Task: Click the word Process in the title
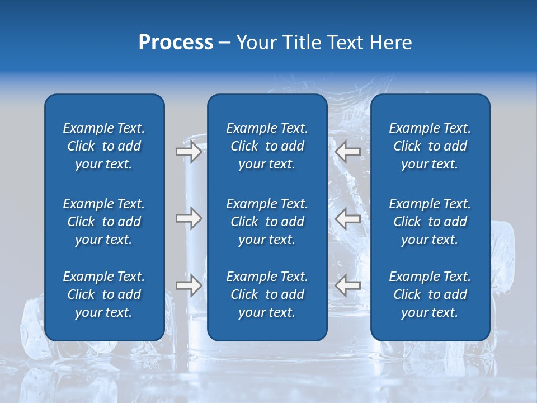point(176,43)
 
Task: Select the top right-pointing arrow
point(189,151)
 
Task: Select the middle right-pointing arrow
point(189,218)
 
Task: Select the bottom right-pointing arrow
point(189,285)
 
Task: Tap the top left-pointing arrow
point(348,151)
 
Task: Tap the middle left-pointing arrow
point(348,218)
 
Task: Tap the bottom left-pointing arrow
point(348,285)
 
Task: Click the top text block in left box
point(104,146)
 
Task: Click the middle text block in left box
point(104,222)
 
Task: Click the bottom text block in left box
point(104,294)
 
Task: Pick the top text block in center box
point(267,146)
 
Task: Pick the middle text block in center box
point(267,222)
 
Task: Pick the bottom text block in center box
point(267,294)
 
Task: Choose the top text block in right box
point(430,146)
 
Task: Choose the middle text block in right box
point(430,222)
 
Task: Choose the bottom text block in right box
point(430,294)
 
